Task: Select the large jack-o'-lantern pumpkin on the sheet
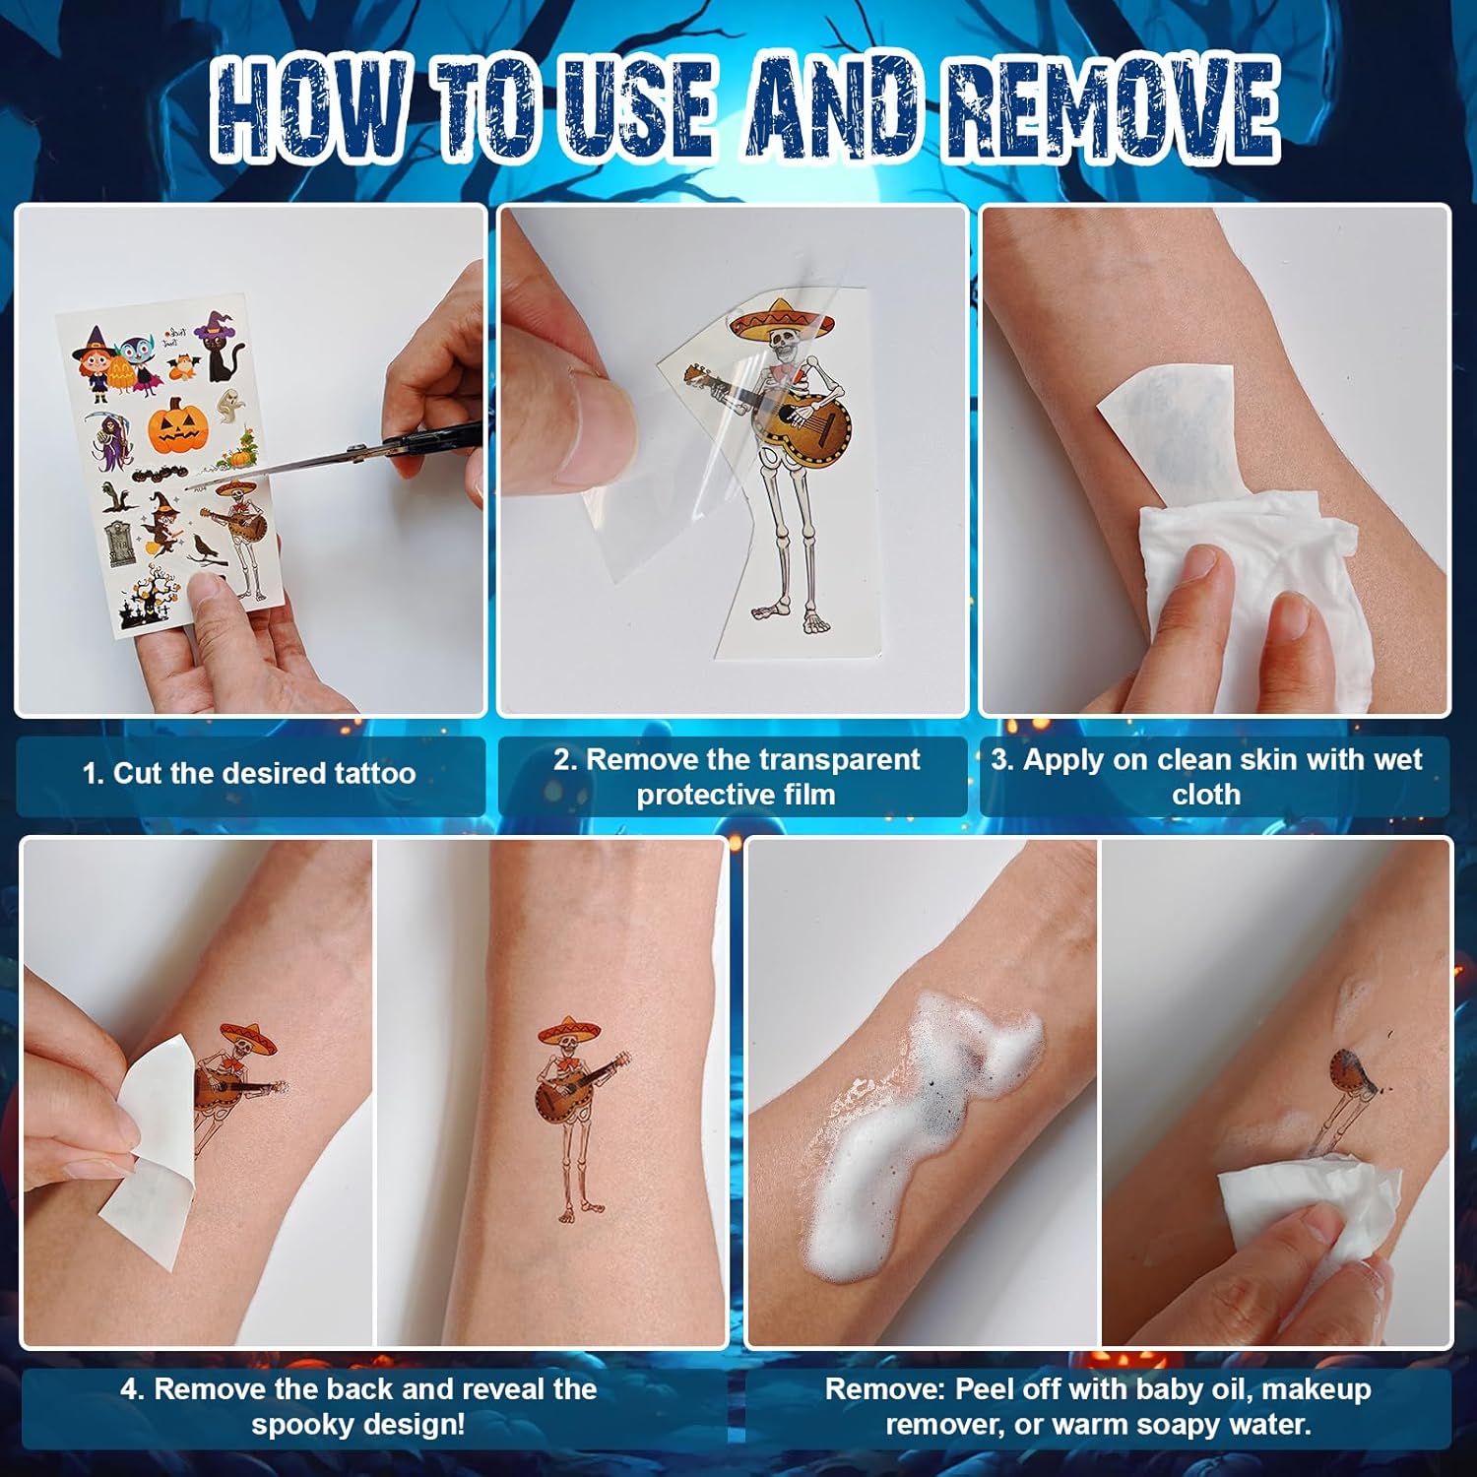pos(181,425)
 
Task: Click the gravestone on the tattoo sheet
pos(119,544)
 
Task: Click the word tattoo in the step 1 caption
pos(374,774)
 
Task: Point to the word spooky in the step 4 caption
pos(295,1425)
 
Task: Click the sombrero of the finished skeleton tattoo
pos(569,1029)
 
